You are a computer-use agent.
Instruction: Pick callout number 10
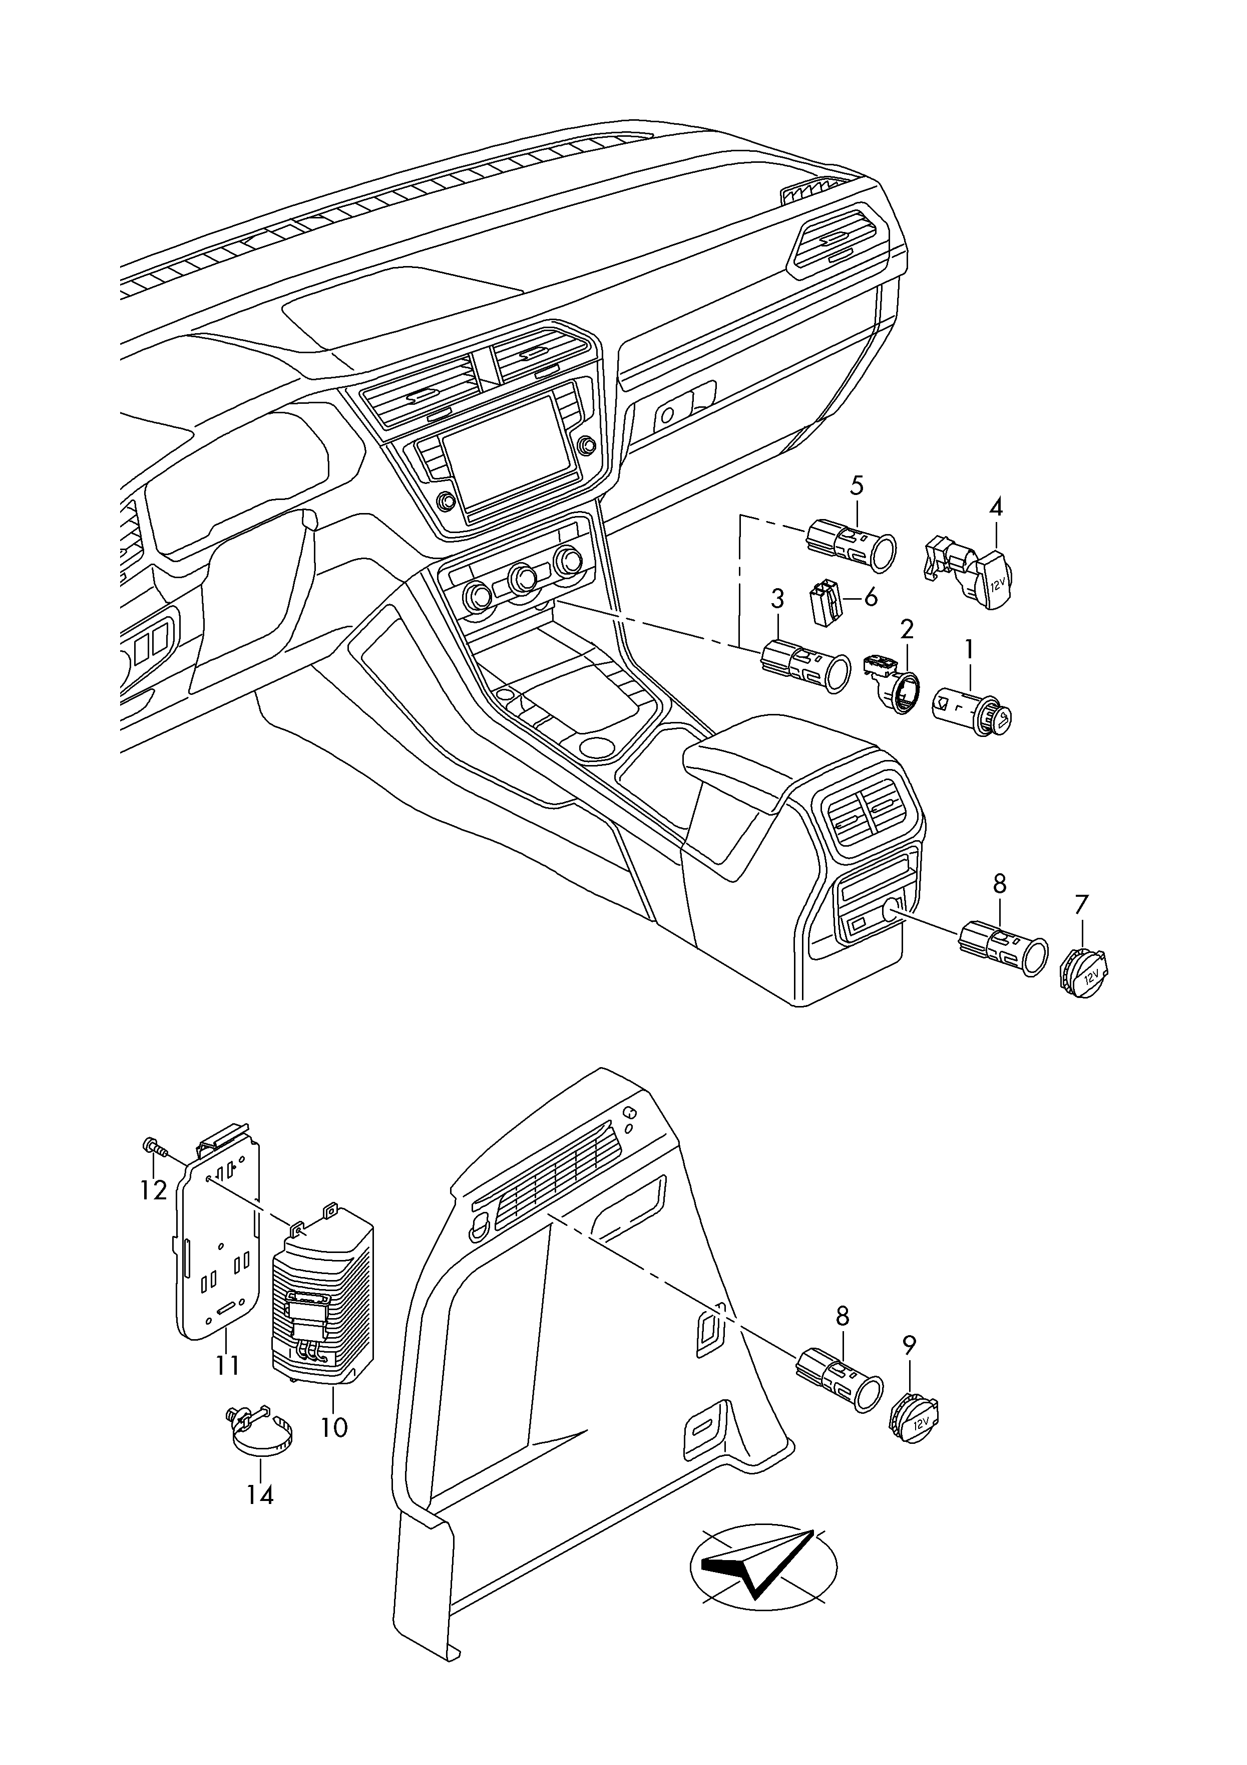(334, 1427)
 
